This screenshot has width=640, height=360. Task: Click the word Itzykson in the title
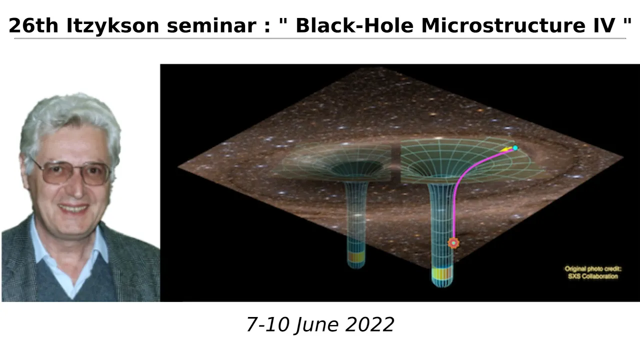(113, 25)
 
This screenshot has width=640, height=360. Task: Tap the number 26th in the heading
(33, 25)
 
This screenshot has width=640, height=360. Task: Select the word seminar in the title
(211, 25)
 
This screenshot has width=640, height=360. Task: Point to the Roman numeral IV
(604, 25)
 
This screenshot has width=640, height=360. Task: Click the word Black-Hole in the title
(354, 25)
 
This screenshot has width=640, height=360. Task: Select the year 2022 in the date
(369, 324)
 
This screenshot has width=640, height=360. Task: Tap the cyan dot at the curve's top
(515, 147)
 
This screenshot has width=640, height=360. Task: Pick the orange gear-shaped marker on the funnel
(453, 243)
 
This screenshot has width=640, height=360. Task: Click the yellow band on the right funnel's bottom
(442, 273)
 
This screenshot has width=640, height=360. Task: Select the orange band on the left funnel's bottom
(356, 256)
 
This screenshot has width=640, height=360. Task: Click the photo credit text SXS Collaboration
(593, 276)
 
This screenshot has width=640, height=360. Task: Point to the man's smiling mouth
(73, 208)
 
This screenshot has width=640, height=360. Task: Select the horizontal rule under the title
(320, 38)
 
